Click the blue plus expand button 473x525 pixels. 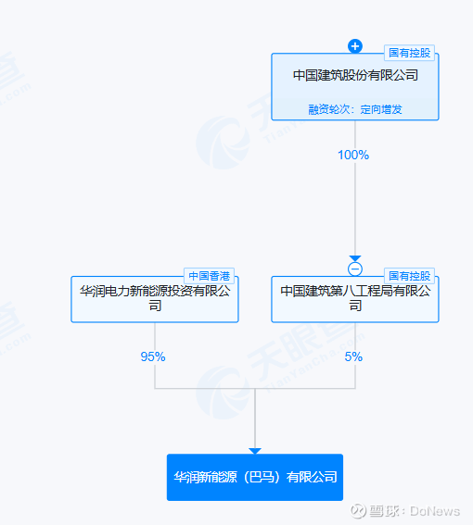tap(355, 46)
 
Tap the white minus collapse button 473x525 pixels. tap(355, 269)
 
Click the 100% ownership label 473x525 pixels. tap(353, 155)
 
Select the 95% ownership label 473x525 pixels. tap(153, 356)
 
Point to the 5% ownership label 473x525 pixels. tap(353, 356)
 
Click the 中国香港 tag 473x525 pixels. tap(209, 276)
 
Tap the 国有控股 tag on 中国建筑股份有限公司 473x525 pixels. tap(409, 53)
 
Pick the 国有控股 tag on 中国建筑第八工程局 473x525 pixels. tap(409, 276)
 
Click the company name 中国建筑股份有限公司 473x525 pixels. tap(355, 75)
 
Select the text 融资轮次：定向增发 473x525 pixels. tap(355, 109)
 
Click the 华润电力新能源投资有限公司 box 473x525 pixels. tap(155, 299)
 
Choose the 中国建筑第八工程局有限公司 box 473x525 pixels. tap(355, 299)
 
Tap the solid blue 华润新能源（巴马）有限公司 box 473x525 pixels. tap(255, 477)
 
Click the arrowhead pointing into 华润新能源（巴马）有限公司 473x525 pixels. tap(255, 451)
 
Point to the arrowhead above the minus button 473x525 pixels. tap(355, 258)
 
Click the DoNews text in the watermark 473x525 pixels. tap(435, 511)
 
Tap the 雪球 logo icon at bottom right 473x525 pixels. tap(358, 511)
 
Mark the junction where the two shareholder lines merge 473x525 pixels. tap(255, 388)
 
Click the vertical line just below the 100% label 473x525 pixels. tap(355, 208)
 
